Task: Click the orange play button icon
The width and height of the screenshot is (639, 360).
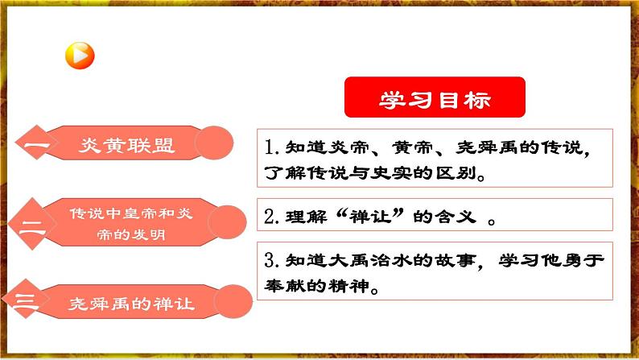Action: coord(80,56)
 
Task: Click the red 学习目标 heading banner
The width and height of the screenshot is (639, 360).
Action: coord(435,98)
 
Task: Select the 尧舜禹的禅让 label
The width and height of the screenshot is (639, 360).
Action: coord(131,303)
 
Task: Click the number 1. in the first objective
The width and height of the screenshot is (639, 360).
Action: coord(270,148)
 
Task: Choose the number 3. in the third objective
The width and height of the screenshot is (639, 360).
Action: coord(271,261)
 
